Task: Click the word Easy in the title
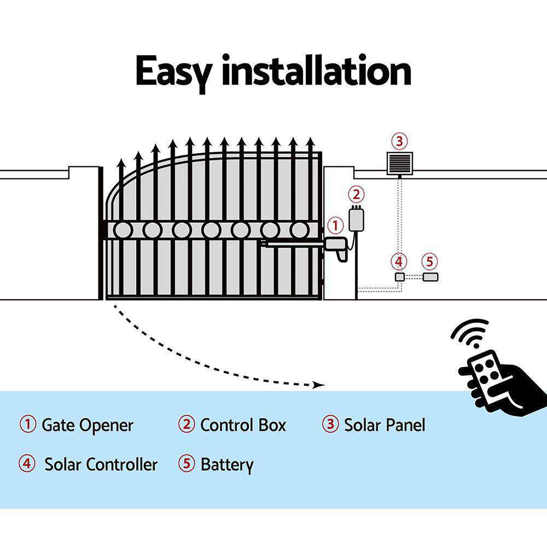[x=174, y=71]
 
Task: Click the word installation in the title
[x=316, y=71]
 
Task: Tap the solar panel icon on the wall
[x=399, y=163]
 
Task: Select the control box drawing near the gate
[x=356, y=219]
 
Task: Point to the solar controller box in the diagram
[x=400, y=277]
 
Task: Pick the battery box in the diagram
[x=430, y=277]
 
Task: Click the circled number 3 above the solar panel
[x=399, y=141]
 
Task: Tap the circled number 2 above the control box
[x=356, y=194]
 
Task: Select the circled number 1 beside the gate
[x=335, y=225]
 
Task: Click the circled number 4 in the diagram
[x=400, y=261]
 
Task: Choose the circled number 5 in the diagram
[x=430, y=261]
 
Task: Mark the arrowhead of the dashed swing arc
[x=319, y=386]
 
